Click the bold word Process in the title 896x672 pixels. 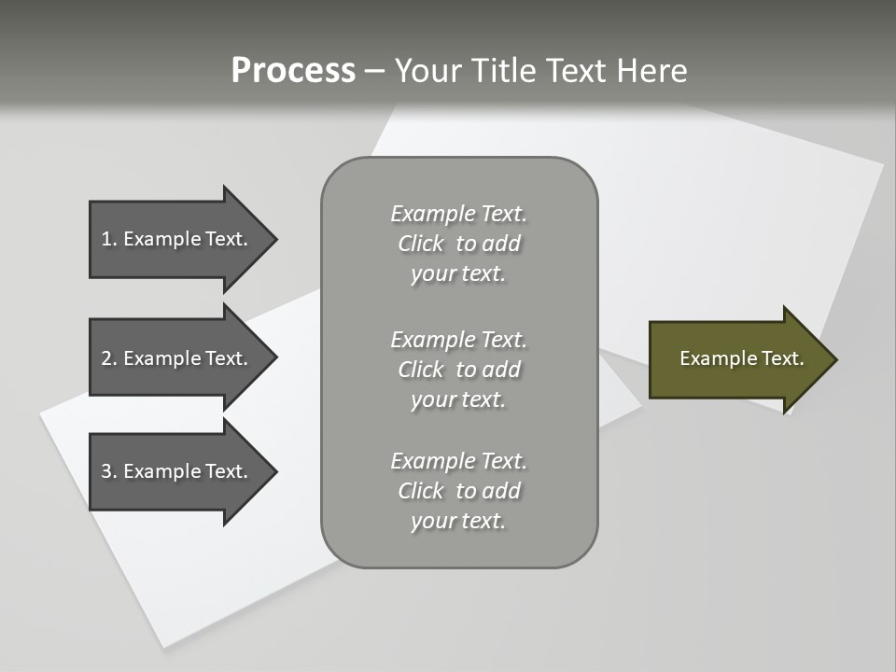coord(293,71)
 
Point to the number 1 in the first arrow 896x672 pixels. coord(106,239)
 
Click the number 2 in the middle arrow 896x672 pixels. coord(106,358)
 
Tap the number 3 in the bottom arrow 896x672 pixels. coord(106,471)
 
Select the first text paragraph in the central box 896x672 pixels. coord(458,244)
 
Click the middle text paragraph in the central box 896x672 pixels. coord(458,370)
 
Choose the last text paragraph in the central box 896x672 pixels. coord(458,491)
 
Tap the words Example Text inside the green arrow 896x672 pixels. coord(742,358)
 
